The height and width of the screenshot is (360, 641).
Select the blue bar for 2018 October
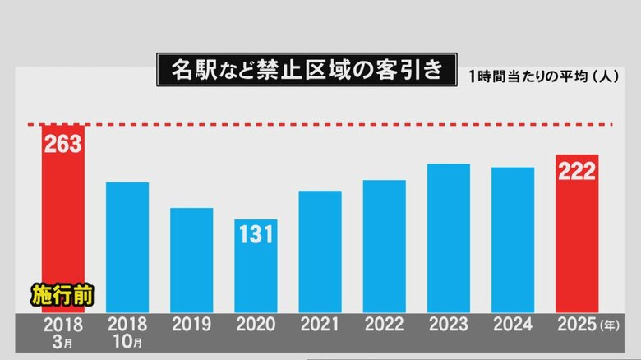tap(127, 247)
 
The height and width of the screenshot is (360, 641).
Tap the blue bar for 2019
tap(191, 261)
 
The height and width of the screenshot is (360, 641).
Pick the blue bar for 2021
tap(320, 252)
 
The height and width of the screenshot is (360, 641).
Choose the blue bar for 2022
tap(385, 247)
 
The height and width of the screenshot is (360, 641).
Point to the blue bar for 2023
tap(449, 238)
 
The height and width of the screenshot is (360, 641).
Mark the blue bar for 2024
tap(513, 240)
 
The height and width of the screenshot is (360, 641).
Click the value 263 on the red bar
tap(63, 144)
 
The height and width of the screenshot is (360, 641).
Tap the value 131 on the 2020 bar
tap(256, 235)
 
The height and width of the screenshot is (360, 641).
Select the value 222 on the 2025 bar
tap(577, 171)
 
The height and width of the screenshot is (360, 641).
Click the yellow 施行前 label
tap(62, 295)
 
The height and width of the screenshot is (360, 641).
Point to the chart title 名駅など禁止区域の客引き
tap(307, 70)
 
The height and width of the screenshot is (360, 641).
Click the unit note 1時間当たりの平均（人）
tap(544, 76)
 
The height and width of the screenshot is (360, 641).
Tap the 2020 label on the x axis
tap(256, 325)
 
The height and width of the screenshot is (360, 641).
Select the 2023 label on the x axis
tap(449, 325)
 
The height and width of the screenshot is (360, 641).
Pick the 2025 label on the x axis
tap(577, 325)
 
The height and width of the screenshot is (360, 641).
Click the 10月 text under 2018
tap(127, 342)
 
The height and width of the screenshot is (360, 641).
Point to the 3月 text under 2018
tap(62, 342)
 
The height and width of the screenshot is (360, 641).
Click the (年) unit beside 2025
tap(610, 325)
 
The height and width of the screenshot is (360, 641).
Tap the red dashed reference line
tap(320, 124)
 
